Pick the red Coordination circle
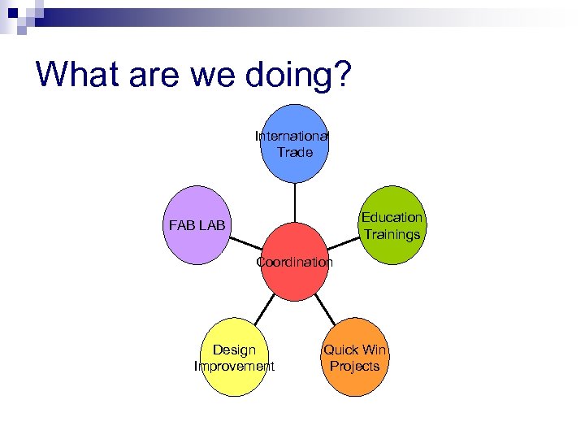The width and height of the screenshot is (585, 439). coord(294,280)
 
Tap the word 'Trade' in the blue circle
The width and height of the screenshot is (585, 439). coord(294,152)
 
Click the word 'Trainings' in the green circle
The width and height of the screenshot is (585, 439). coord(392,235)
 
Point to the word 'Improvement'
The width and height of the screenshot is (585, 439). coord(234,367)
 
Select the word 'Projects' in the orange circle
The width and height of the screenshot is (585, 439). coord(355,367)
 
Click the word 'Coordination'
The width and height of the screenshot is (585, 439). coord(294,263)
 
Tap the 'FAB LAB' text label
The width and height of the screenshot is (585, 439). coord(198,225)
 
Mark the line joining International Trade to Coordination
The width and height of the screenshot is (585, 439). coord(294,202)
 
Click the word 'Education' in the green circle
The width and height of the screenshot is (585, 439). coord(392,218)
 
